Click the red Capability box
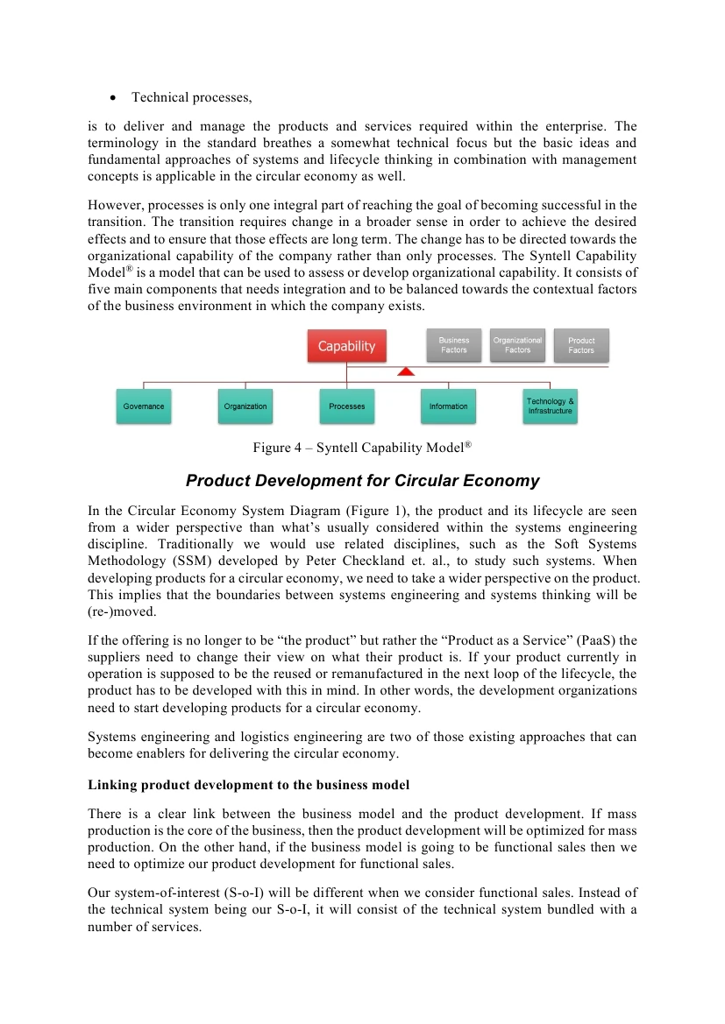[346, 346]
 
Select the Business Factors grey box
[454, 345]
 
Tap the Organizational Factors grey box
[517, 345]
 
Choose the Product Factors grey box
[581, 345]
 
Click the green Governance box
[144, 406]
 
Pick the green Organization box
[245, 406]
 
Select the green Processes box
[347, 406]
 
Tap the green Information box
[448, 406]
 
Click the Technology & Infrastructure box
[550, 406]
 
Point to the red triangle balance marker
[405, 371]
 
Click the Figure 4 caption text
[362, 448]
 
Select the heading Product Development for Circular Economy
[362, 481]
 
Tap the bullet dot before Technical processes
[114, 97]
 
